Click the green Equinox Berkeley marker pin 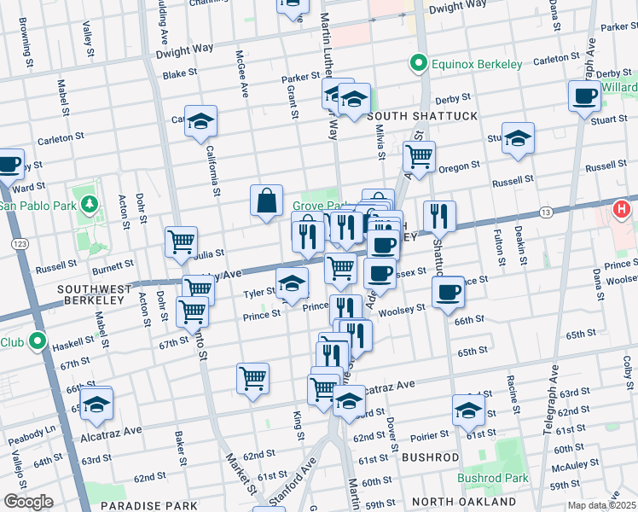tap(418, 64)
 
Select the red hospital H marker tap(623, 208)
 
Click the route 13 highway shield tap(542, 211)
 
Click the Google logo tap(27, 502)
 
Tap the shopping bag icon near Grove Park tap(266, 201)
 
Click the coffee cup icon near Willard tap(584, 96)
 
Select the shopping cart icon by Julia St tap(181, 243)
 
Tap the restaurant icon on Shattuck tap(439, 217)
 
